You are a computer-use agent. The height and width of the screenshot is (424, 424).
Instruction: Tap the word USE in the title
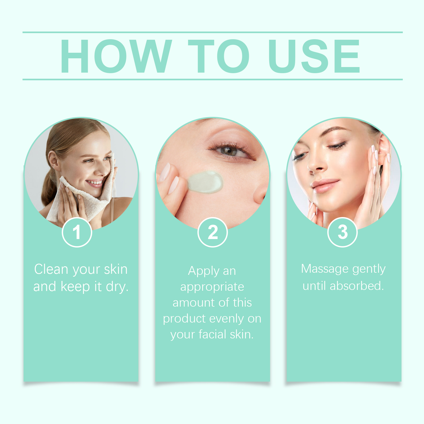(314, 56)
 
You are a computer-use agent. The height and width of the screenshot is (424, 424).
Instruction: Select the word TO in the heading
(219, 56)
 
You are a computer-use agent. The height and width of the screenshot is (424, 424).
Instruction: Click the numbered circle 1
(77, 232)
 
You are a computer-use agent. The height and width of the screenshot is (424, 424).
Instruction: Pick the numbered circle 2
(213, 232)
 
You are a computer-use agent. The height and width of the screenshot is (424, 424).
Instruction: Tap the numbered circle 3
(342, 232)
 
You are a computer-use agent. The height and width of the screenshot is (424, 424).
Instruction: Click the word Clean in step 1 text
(51, 269)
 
